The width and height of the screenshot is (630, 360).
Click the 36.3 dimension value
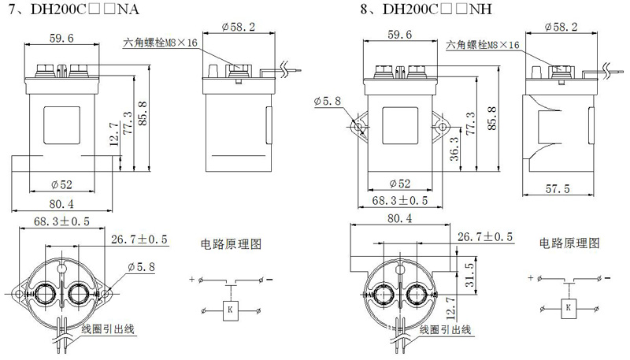coord(454,149)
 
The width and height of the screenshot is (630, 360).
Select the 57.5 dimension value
coord(558,188)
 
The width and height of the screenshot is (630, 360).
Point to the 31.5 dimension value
coord(469,275)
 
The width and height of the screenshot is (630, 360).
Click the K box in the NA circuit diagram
coord(230,310)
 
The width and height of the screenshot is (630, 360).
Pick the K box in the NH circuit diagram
coord(568,308)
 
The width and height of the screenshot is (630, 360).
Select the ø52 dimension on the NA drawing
coord(61,184)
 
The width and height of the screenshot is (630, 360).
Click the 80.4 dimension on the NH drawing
coord(400,218)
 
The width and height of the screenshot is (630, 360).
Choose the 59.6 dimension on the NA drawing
coord(61,38)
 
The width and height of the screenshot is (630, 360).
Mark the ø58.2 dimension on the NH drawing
coord(561,27)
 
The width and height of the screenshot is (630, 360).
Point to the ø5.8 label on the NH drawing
coord(327,101)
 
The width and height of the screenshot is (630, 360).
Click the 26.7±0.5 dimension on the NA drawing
coord(139,239)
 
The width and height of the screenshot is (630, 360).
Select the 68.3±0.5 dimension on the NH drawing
coord(400,200)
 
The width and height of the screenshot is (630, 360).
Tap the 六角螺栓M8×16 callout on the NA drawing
coord(161,43)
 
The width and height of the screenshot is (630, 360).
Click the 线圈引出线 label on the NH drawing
coord(445,330)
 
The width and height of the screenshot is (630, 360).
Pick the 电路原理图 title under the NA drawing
coord(231,243)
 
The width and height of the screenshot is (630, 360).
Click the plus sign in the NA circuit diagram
coord(191,279)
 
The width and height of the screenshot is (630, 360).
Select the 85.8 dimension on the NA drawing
coord(143,113)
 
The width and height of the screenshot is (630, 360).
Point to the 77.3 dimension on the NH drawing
coord(470,124)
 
